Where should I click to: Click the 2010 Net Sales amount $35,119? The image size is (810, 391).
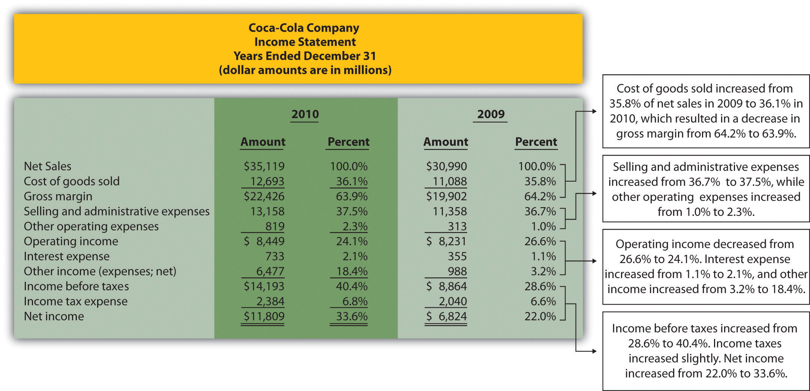[264, 166]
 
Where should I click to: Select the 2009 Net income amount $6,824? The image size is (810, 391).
[446, 316]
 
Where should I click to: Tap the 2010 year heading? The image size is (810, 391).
[305, 114]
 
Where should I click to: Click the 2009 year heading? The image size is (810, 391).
[490, 114]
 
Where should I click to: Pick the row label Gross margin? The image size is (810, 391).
[58, 196]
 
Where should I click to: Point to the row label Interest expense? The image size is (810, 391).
[66, 256]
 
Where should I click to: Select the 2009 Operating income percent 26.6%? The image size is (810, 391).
[540, 241]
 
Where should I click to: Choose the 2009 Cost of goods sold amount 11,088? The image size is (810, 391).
[449, 181]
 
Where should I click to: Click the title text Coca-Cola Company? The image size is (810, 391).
[304, 28]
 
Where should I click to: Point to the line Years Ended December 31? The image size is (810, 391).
[304, 56]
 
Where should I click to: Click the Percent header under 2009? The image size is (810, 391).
[535, 142]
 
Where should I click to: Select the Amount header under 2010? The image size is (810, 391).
[262, 142]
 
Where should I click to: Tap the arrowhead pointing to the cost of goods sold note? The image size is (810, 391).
[594, 111]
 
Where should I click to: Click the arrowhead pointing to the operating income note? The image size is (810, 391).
[594, 261]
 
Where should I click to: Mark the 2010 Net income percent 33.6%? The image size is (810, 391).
[351, 316]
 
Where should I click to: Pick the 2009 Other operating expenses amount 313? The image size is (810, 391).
[457, 226]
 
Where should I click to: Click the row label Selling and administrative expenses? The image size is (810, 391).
[116, 211]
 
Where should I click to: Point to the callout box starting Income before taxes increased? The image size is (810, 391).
[705, 351]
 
